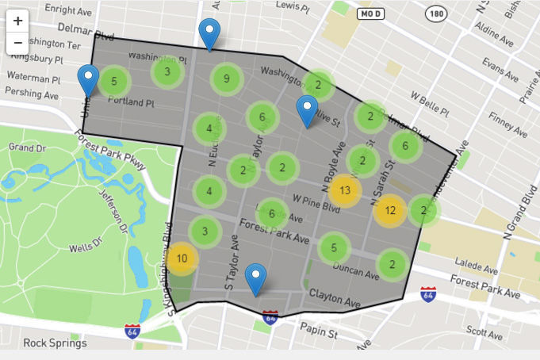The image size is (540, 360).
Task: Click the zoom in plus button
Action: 17,21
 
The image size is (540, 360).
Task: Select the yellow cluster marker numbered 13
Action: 345,190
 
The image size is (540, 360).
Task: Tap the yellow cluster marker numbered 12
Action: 390,211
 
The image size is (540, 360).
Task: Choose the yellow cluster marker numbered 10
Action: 182,259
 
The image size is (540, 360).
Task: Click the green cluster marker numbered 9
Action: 227,79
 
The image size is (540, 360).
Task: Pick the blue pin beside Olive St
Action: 307,110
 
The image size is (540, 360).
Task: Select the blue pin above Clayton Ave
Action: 255,278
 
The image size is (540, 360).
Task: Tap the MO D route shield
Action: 371,14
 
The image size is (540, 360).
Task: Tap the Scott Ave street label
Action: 485,329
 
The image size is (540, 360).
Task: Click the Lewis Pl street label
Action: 292,6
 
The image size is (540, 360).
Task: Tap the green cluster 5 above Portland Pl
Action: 114,81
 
